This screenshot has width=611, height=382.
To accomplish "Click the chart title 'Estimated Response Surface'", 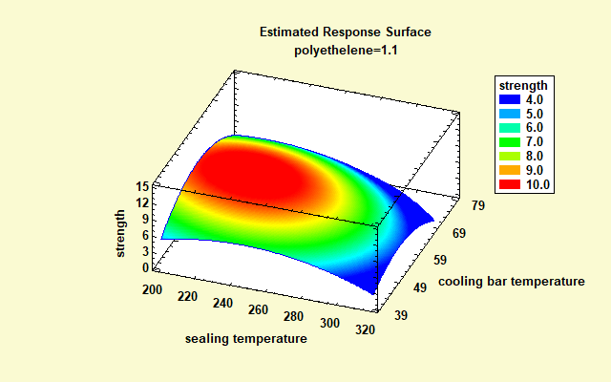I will pyautogui.click(x=345, y=32).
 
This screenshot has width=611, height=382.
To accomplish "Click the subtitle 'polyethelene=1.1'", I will pyautogui.click(x=345, y=49).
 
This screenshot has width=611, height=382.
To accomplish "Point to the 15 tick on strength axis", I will pyautogui.click(x=141, y=187).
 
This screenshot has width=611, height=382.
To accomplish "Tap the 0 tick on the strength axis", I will pyautogui.click(x=144, y=267).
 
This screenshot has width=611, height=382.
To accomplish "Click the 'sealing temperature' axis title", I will pyautogui.click(x=246, y=338).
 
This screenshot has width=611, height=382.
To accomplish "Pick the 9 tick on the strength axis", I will pyautogui.click(x=144, y=219).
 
